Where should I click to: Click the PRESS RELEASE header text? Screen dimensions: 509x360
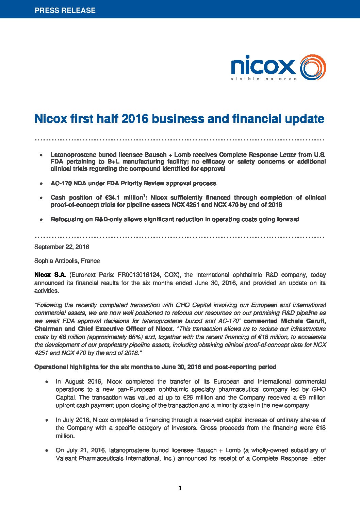point(65,10)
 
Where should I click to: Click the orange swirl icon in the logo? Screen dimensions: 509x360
point(313,67)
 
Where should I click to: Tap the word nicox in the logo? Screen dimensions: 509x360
point(263,66)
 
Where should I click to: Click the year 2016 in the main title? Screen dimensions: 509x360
point(135,119)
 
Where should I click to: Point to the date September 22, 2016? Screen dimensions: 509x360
point(62,247)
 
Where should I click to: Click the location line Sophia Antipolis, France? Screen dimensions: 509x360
point(67,261)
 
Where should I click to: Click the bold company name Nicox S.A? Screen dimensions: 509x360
point(50,275)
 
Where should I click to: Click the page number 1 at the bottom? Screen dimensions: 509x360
point(180,489)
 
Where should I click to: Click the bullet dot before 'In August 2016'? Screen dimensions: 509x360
point(46,382)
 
